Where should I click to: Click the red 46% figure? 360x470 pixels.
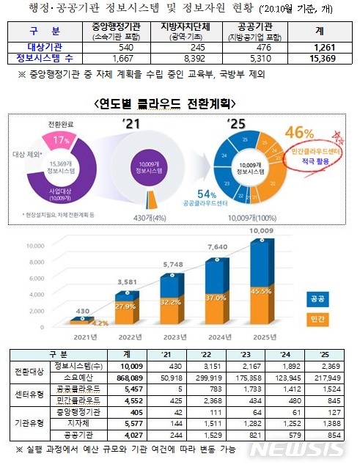(302, 133)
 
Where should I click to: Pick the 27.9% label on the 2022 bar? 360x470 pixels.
(124, 305)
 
